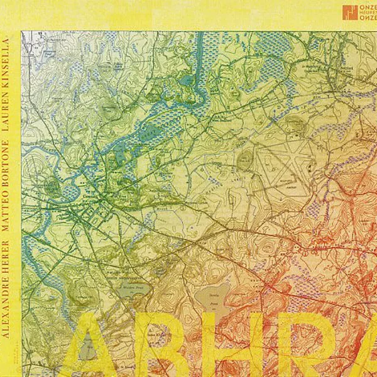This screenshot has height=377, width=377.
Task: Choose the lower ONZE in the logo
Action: [368, 18]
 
